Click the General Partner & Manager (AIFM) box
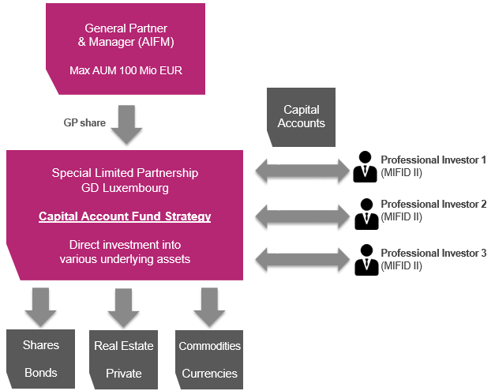pyautogui.click(x=126, y=47)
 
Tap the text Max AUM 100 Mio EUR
pyautogui.click(x=126, y=71)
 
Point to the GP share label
pyautogui.click(x=84, y=123)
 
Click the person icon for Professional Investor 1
pyautogui.click(x=365, y=166)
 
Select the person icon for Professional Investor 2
pyautogui.click(x=365, y=212)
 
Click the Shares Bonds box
pyautogui.click(x=41, y=359)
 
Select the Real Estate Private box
pyautogui.click(x=123, y=359)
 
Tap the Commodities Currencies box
pyautogui.click(x=209, y=359)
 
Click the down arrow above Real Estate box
pyautogui.click(x=123, y=306)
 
